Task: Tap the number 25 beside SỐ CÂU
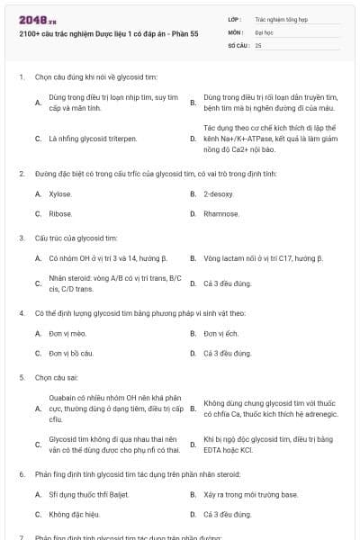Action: point(258,44)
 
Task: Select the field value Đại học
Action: point(264,31)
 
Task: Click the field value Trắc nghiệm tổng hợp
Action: point(280,18)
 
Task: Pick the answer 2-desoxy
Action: point(219,193)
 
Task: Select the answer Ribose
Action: point(60,214)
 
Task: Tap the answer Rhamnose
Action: point(221,214)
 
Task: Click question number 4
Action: point(21,312)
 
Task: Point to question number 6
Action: point(21,473)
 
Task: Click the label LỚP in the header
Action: point(234,18)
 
